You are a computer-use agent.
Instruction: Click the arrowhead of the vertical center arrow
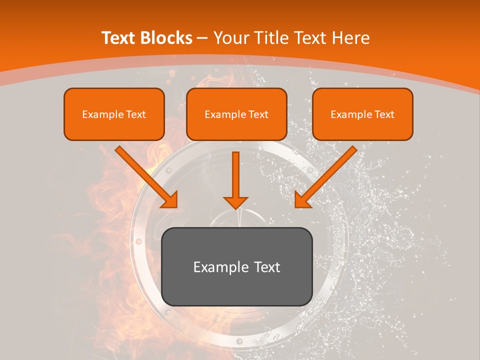click(235, 202)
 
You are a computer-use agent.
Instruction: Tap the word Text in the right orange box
click(384, 114)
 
